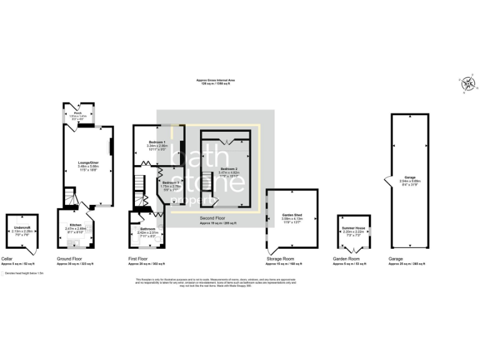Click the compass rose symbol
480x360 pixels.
coord(467,82)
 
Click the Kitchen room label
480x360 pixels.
coord(76,224)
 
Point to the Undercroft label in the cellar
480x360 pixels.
coord(22,227)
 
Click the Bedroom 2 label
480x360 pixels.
coord(229,169)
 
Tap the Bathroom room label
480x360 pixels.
coord(140,229)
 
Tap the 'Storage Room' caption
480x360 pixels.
coord(281,258)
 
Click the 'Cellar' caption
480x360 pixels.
coord(7,258)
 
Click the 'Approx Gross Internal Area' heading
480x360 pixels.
coord(216,81)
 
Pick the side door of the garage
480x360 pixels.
coord(387,181)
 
